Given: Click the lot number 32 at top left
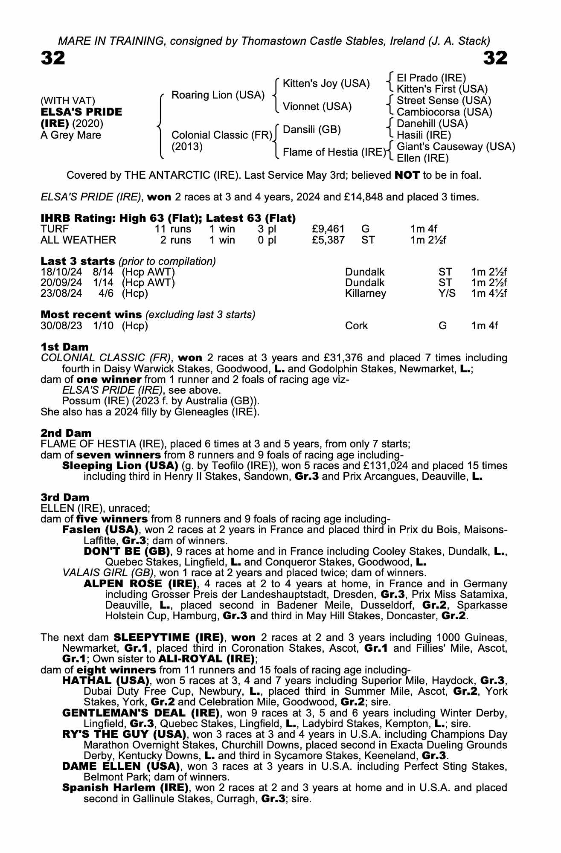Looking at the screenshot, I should (53, 58).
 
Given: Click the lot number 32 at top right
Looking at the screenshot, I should (495, 58).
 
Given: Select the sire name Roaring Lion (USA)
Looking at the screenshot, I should (218, 95).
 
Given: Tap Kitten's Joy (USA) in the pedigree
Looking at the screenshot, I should (326, 84).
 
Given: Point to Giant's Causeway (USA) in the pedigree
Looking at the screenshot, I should (456, 147).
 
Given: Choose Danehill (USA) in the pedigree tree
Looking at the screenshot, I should (432, 124).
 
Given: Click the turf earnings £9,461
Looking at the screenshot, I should (328, 229).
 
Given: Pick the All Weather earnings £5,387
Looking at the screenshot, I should (328, 240).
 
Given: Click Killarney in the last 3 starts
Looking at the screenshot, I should (365, 293).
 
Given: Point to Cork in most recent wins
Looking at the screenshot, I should (356, 326).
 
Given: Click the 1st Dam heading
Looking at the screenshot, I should (64, 347).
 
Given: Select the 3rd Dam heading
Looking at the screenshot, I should (65, 497).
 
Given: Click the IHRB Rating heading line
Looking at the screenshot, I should (168, 218).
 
